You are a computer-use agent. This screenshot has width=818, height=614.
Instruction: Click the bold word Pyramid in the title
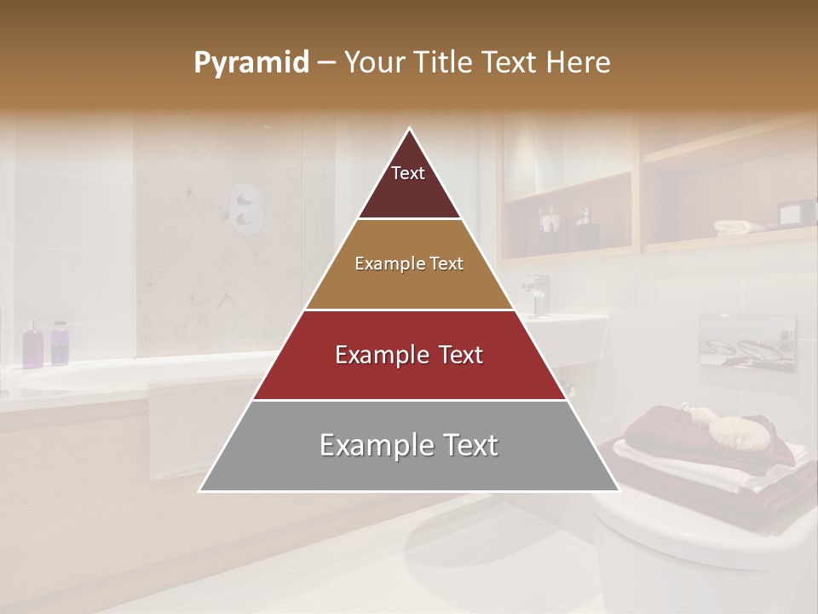click(251, 63)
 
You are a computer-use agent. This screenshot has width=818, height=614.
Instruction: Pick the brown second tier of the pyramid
click(409, 264)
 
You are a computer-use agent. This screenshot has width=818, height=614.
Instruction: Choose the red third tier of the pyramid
click(409, 355)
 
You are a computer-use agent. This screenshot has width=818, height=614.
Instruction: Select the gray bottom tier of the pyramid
click(409, 446)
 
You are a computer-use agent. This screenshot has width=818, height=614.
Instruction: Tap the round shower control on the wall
click(246, 209)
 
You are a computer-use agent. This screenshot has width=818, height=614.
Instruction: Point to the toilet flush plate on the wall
click(746, 343)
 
